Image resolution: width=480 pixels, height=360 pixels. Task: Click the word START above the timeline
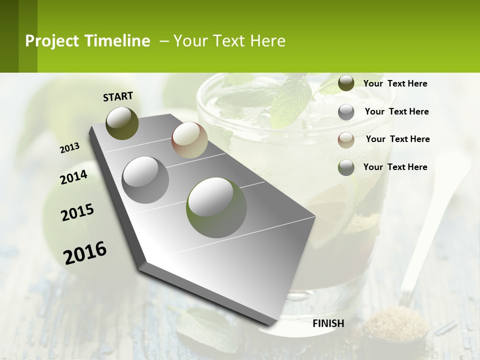tap(118, 96)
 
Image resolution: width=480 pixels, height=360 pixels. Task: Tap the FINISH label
tap(328, 323)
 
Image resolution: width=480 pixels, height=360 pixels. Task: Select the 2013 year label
tap(69, 148)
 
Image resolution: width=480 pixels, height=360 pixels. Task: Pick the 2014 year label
tap(73, 177)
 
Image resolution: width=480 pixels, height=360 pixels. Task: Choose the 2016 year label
tap(85, 252)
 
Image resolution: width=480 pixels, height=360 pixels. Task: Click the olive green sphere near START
tap(122, 123)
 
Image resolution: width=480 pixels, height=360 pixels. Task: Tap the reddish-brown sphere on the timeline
tap(189, 140)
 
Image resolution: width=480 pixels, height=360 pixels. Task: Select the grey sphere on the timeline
tap(145, 179)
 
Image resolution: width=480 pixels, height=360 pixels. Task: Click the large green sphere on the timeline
tap(216, 207)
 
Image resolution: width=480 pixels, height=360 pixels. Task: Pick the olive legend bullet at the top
tap(346, 83)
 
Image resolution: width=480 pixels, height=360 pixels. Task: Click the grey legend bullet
tap(346, 112)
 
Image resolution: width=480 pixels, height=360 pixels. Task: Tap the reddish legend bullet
tap(346, 139)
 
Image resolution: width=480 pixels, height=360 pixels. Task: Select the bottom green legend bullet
tap(346, 167)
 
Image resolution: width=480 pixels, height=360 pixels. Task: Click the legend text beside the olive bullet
tap(395, 83)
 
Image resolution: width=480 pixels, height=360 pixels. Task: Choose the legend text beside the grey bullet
tap(396, 111)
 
